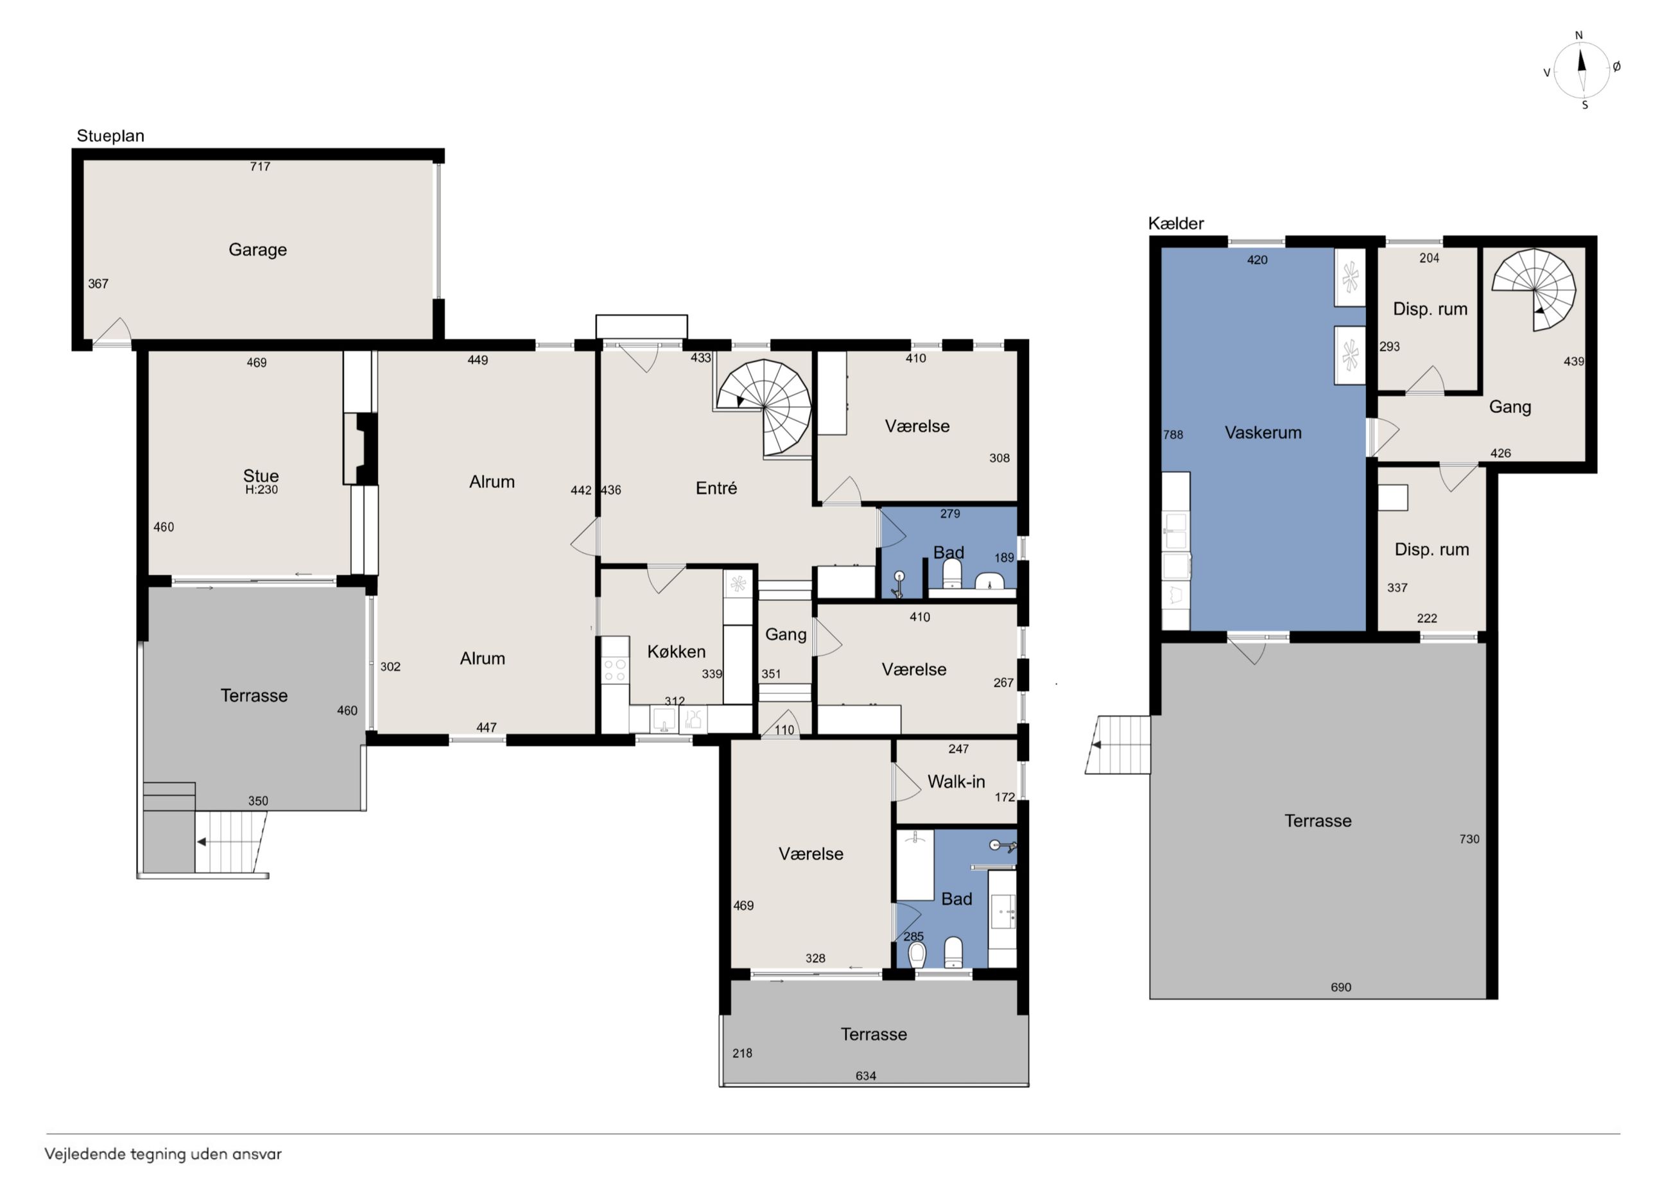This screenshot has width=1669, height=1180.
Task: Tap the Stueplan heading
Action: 110,136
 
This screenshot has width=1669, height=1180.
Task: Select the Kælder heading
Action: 1175,223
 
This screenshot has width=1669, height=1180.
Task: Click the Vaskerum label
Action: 1263,433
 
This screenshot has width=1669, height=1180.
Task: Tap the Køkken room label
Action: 676,652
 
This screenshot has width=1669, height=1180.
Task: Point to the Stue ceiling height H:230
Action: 262,490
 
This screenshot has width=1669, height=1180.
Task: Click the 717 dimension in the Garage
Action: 260,166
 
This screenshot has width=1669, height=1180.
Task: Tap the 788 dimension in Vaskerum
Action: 1173,435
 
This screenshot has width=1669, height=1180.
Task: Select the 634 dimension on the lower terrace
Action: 866,1076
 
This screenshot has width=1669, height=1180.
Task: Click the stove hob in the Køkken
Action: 615,669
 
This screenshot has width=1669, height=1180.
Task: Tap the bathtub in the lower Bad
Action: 915,865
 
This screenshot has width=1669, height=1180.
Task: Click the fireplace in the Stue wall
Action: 361,449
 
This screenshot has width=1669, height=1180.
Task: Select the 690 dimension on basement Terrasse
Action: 1341,987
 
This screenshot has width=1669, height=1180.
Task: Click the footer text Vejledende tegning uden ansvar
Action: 163,1154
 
